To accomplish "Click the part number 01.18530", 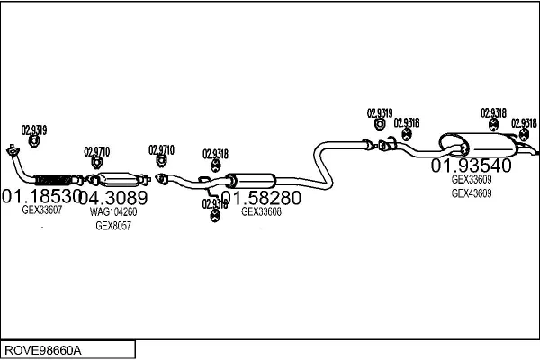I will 40,196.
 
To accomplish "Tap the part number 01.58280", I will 261,197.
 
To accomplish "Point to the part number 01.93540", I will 471,166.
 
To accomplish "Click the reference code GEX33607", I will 42,211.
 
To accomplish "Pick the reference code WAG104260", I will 113,212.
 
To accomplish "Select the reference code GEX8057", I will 113,226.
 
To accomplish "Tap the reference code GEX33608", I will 261,212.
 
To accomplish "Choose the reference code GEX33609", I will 472,179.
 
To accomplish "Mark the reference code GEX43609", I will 472,193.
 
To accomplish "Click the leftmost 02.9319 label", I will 34,129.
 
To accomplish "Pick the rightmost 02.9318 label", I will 524,123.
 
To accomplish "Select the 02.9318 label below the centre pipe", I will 215,204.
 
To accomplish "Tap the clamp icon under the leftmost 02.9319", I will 34,140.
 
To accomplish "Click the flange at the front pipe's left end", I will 12,149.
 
